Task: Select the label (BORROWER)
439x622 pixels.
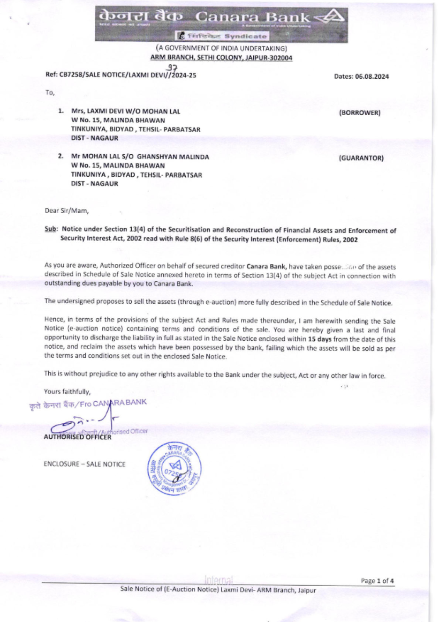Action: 360,113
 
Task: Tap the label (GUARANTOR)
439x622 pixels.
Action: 361,158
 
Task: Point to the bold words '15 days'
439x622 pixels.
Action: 320,339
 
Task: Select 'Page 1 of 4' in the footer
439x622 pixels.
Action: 377,581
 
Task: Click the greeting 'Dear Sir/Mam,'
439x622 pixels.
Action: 67,211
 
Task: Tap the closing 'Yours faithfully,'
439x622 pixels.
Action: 67,391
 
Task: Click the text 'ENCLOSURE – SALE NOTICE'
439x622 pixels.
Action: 84,464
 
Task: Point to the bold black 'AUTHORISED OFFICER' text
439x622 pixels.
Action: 77,437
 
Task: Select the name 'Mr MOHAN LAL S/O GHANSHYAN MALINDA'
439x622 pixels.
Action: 140,156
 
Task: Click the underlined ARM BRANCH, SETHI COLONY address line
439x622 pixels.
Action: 221,58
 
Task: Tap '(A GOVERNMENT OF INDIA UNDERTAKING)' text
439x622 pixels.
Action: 221,48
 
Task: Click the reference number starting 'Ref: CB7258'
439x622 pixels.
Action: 121,75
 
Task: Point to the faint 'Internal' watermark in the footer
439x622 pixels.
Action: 219,580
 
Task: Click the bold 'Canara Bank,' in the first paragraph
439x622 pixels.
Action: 266,266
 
